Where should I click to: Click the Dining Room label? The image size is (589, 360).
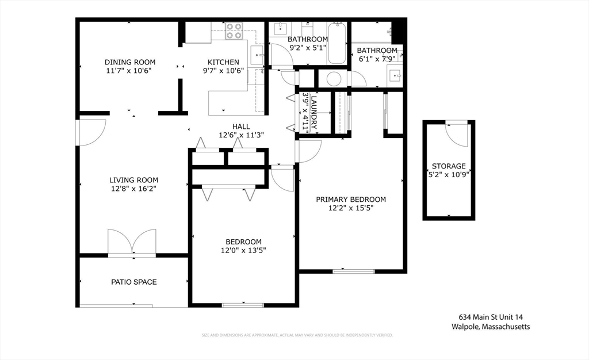(x=129, y=62)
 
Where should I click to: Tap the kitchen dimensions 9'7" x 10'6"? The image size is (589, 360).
(x=224, y=71)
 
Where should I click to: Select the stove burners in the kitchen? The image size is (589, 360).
(x=234, y=31)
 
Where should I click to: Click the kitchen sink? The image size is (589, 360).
(x=258, y=55)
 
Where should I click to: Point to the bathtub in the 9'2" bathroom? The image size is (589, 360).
(x=337, y=43)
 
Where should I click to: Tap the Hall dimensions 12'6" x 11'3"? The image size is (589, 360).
(x=241, y=135)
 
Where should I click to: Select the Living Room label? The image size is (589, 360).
(x=133, y=180)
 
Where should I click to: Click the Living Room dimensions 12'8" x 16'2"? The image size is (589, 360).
(x=133, y=189)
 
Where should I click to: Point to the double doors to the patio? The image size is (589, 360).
(x=132, y=242)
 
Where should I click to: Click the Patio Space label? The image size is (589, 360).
(x=133, y=282)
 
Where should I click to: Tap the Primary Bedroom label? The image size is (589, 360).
(x=351, y=200)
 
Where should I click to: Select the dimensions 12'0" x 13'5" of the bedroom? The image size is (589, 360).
(x=243, y=250)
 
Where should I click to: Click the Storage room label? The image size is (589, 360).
(x=449, y=166)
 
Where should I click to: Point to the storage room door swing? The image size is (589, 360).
(x=457, y=135)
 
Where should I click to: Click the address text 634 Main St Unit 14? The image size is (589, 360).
(x=491, y=317)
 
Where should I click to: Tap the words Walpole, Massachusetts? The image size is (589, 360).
(x=491, y=327)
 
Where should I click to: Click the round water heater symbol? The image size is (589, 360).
(x=334, y=79)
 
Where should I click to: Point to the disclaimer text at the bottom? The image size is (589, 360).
(x=297, y=335)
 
